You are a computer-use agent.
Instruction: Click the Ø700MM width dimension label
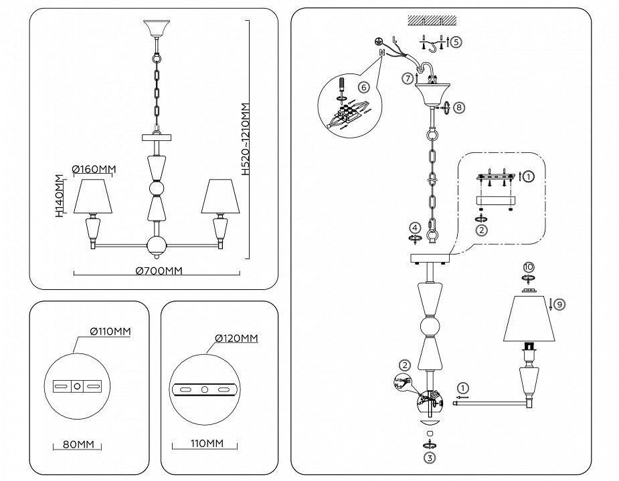(159, 271)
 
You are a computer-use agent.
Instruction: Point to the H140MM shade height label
(59, 196)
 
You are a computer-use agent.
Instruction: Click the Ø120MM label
(236, 339)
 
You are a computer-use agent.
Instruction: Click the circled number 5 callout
(456, 41)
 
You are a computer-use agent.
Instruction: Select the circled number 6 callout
(363, 87)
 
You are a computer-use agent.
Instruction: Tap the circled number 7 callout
(407, 79)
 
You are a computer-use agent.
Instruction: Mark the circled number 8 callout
(458, 106)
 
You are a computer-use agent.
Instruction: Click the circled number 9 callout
(559, 304)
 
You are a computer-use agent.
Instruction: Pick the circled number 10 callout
(528, 267)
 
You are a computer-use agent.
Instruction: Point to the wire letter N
(381, 51)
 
